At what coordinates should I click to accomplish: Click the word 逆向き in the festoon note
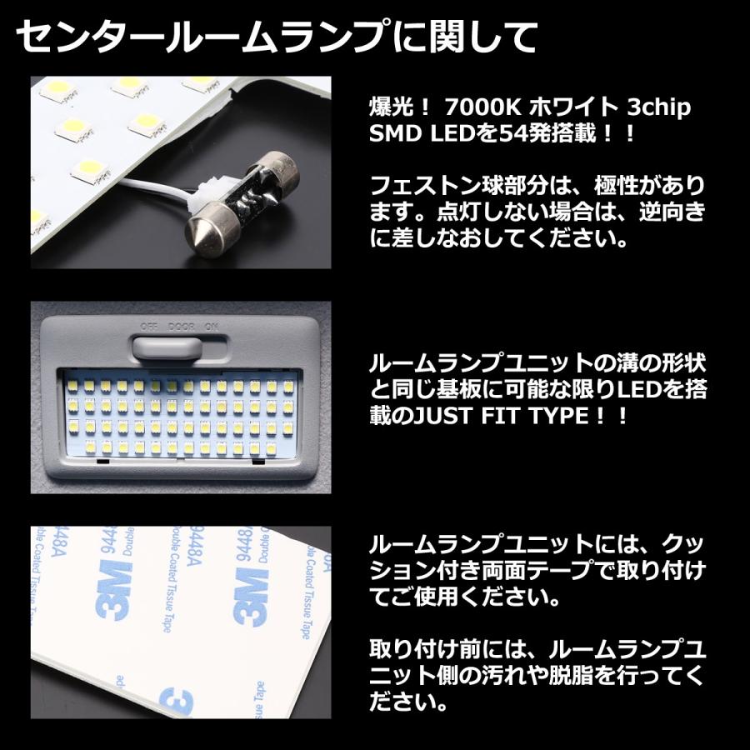pyautogui.click(x=676, y=212)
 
